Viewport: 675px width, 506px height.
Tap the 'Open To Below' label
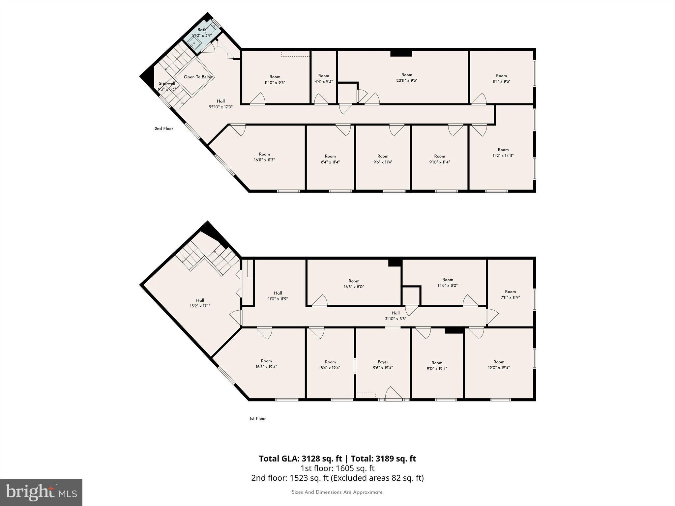[198, 77]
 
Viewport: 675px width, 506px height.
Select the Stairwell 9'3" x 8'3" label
[167, 86]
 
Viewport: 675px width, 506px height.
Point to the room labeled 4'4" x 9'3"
[324, 78]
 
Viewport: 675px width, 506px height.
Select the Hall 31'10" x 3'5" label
[396, 316]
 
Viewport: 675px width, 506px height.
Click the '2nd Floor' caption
[164, 128]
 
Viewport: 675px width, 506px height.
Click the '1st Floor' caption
[257, 418]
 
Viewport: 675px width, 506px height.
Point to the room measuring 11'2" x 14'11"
[503, 153]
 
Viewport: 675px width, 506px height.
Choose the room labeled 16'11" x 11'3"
[264, 157]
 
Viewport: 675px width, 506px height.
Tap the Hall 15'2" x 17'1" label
[200, 303]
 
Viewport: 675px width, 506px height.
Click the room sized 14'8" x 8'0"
[448, 283]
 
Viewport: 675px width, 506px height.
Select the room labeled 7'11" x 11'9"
[510, 294]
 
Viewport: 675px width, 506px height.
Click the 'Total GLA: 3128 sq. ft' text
[300, 459]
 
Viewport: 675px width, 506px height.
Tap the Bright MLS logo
[41, 492]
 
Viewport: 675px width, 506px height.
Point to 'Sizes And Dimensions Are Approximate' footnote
[337, 492]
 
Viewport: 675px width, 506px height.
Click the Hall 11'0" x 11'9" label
[278, 296]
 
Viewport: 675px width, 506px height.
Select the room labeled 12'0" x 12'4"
[499, 365]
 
